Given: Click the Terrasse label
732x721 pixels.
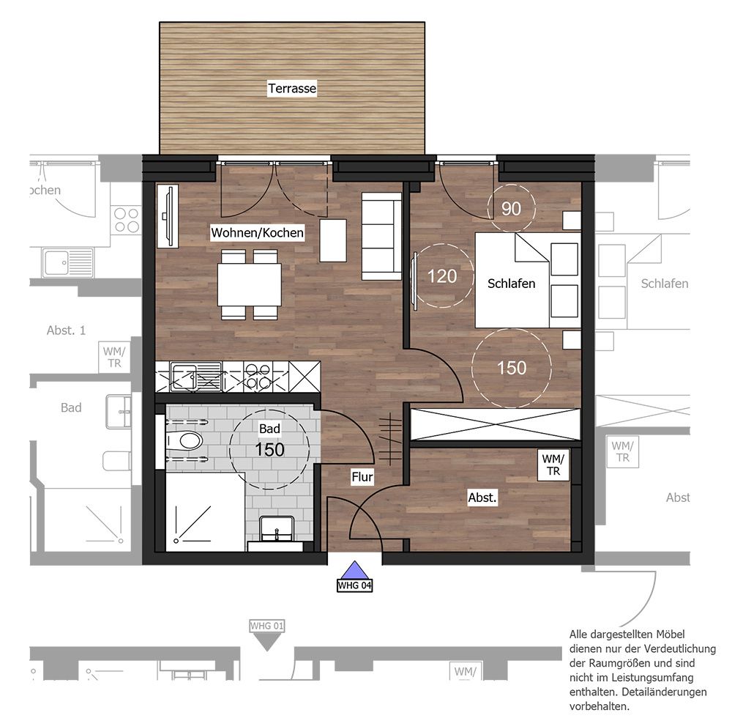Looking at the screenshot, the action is (292, 89).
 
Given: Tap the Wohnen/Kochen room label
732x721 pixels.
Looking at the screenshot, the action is (257, 232).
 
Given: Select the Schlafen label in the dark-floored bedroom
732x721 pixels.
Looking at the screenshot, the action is (511, 283).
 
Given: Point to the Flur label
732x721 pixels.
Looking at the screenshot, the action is (362, 477).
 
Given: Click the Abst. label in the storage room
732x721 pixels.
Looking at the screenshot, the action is (482, 498).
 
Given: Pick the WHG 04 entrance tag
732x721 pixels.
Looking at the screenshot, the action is (355, 585).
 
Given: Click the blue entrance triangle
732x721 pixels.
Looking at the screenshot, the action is (355, 571).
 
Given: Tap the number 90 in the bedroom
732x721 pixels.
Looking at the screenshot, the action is (511, 208).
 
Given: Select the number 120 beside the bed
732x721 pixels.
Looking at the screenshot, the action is (442, 276).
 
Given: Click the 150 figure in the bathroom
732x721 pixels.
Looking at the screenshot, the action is (270, 449).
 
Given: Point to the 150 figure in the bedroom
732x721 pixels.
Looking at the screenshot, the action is (512, 368).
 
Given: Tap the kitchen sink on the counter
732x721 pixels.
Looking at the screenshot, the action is (196, 377).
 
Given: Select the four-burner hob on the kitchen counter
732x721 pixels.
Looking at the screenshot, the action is (258, 377).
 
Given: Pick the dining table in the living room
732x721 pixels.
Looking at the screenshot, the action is (250, 284).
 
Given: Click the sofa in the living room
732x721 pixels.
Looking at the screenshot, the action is (381, 236).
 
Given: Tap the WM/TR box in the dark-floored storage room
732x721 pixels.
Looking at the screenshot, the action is (553, 465).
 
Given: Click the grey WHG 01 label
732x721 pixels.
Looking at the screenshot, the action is (267, 626).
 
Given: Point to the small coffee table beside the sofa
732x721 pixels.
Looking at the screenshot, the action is (333, 240).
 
